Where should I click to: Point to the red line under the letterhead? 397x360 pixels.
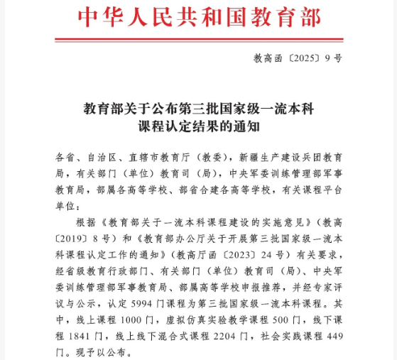[x=198, y=39]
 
